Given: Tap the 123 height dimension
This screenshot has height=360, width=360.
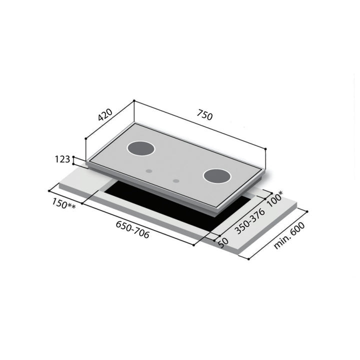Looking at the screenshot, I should (62, 159).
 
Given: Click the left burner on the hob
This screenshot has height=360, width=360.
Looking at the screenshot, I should (141, 148).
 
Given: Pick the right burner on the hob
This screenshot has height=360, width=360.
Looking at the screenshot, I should (217, 176).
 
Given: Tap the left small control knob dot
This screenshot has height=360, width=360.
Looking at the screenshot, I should (148, 171).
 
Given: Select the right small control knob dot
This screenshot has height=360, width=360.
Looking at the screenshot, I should (175, 180).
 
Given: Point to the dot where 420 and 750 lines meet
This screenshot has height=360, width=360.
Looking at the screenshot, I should (134, 101).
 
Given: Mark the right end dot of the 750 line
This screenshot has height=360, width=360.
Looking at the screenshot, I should (265, 148).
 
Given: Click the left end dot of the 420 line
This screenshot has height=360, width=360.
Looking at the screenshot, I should (86, 138).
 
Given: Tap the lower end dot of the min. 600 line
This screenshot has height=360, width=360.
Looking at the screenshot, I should (248, 258).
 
